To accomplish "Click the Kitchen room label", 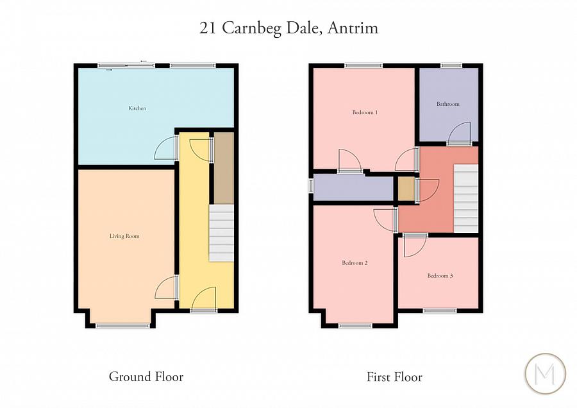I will click(x=137, y=108).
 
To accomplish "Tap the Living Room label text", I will click(x=124, y=236).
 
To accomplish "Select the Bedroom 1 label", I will click(x=365, y=112).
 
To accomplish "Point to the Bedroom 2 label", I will click(x=355, y=263).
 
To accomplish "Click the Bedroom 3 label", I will click(x=440, y=276).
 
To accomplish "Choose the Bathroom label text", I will click(x=448, y=104).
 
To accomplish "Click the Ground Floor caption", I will click(x=146, y=377).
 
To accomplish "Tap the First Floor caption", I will click(x=394, y=377).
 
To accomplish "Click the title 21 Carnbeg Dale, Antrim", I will click(x=288, y=28).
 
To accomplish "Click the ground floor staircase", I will click(x=222, y=233).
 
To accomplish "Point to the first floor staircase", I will click(x=466, y=198).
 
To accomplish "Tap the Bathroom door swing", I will click(x=459, y=133).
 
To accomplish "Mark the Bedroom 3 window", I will click(x=439, y=310).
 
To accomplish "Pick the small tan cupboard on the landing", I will click(x=406, y=189).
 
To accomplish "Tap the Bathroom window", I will click(x=451, y=65).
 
